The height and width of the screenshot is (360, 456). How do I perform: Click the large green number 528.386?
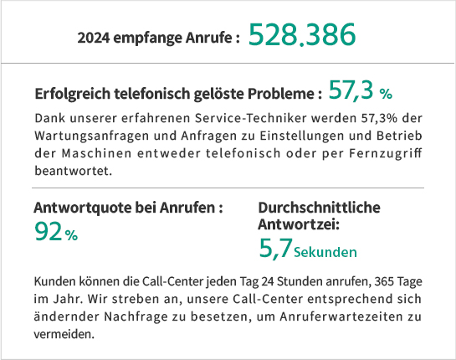(302, 35)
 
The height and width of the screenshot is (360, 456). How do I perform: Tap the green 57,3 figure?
(351, 90)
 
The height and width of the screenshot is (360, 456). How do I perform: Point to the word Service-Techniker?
(251, 118)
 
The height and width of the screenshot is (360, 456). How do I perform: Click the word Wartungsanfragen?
(91, 136)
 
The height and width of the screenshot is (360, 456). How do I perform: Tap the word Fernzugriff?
(386, 153)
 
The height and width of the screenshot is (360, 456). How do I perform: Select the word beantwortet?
(74, 171)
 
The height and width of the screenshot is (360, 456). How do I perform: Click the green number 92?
(49, 231)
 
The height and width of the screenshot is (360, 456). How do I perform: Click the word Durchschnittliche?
(319, 208)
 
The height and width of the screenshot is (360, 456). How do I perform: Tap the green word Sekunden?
(325, 252)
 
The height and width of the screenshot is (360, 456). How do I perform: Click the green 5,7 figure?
(276, 249)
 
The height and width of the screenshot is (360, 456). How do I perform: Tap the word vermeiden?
(64, 334)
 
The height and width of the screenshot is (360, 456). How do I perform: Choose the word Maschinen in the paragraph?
(96, 153)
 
